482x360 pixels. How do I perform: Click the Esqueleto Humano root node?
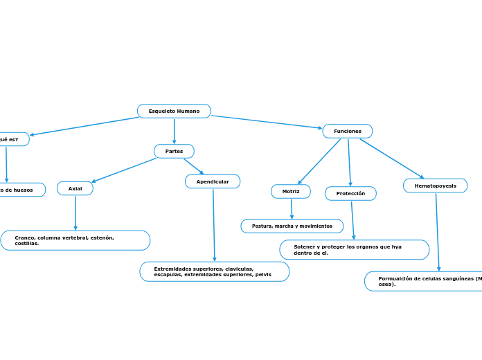point(174,111)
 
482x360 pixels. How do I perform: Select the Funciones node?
point(348,131)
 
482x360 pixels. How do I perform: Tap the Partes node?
point(174,151)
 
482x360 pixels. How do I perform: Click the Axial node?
point(75,188)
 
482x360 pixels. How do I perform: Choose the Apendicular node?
point(213,181)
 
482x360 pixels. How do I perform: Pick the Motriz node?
point(291,191)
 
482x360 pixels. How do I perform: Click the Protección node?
point(350,193)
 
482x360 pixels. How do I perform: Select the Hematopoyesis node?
point(435,186)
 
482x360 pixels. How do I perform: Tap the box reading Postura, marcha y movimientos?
point(292,226)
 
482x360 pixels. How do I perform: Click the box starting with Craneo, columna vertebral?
point(75,240)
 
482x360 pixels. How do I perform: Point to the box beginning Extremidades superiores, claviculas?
point(215,271)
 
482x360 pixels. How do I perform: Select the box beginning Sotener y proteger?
point(354,249)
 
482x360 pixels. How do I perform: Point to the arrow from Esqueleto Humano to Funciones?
point(267,122)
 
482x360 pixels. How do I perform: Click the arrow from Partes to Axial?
point(125,170)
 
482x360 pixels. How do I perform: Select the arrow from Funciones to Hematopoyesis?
point(391,159)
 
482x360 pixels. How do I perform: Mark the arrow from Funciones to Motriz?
point(319,161)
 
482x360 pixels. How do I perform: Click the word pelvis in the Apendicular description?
point(263,275)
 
